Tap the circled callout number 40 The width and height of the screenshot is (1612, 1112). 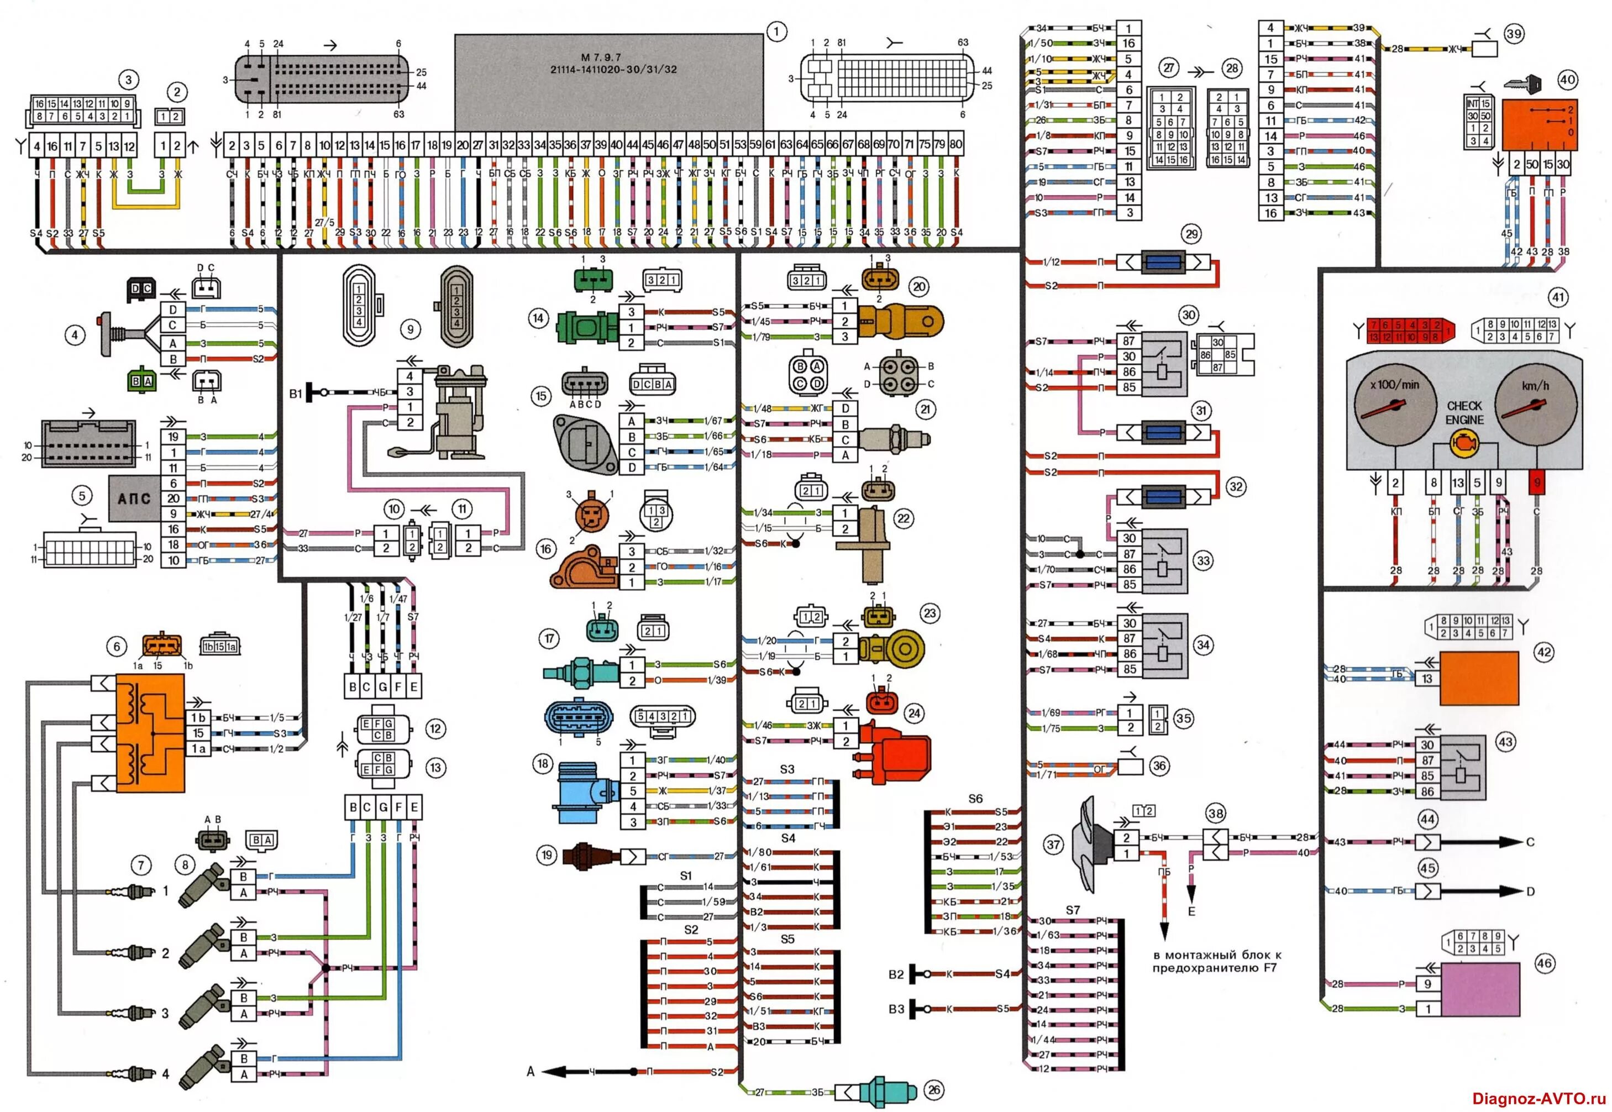1567,80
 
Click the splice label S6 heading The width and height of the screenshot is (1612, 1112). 975,799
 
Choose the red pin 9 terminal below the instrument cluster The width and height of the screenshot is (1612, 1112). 1536,482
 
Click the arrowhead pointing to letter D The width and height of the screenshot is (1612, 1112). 1511,891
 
